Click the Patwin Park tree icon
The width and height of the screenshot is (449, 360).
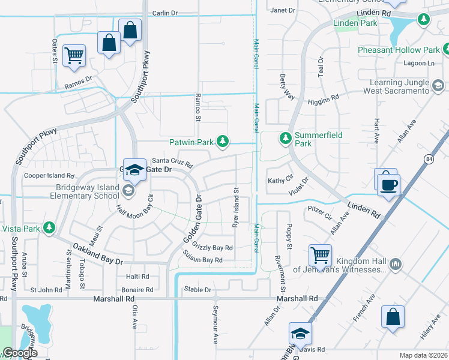(x=223, y=141)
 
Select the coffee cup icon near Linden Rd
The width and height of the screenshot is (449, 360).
(x=390, y=184)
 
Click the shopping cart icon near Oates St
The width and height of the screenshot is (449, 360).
(x=74, y=56)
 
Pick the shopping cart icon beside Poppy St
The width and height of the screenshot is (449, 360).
(x=320, y=255)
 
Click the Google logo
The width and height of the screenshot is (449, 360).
(x=20, y=353)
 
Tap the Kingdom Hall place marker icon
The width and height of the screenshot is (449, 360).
(x=395, y=263)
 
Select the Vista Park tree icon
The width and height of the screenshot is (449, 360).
(x=50, y=228)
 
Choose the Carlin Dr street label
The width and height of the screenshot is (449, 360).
(x=165, y=13)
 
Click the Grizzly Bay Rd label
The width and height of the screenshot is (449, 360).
(x=212, y=247)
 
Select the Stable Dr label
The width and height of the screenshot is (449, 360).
(x=197, y=289)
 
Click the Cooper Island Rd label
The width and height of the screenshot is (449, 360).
(x=49, y=176)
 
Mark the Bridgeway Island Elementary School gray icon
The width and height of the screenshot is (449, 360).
(x=127, y=191)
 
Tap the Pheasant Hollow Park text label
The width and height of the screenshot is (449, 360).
(x=399, y=50)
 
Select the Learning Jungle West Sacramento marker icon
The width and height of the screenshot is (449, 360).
(x=438, y=86)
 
